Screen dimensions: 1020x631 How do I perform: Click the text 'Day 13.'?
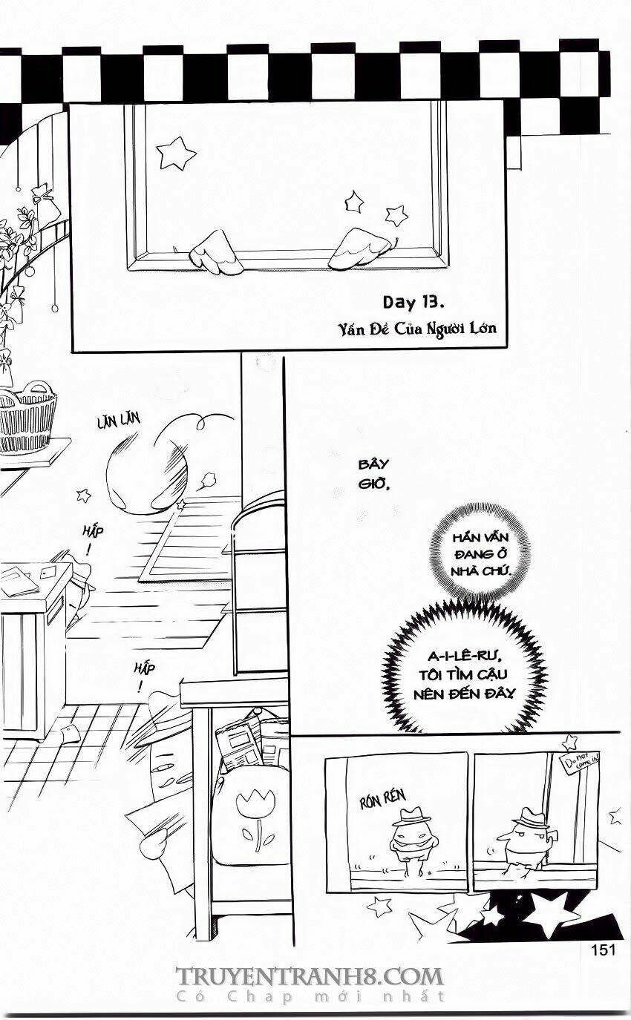[413, 302]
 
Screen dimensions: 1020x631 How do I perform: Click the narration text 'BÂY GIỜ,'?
[373, 474]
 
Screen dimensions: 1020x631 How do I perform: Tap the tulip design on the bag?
[256, 816]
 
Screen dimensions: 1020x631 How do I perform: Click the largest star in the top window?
[176, 153]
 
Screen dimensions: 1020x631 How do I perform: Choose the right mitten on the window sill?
[360, 249]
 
